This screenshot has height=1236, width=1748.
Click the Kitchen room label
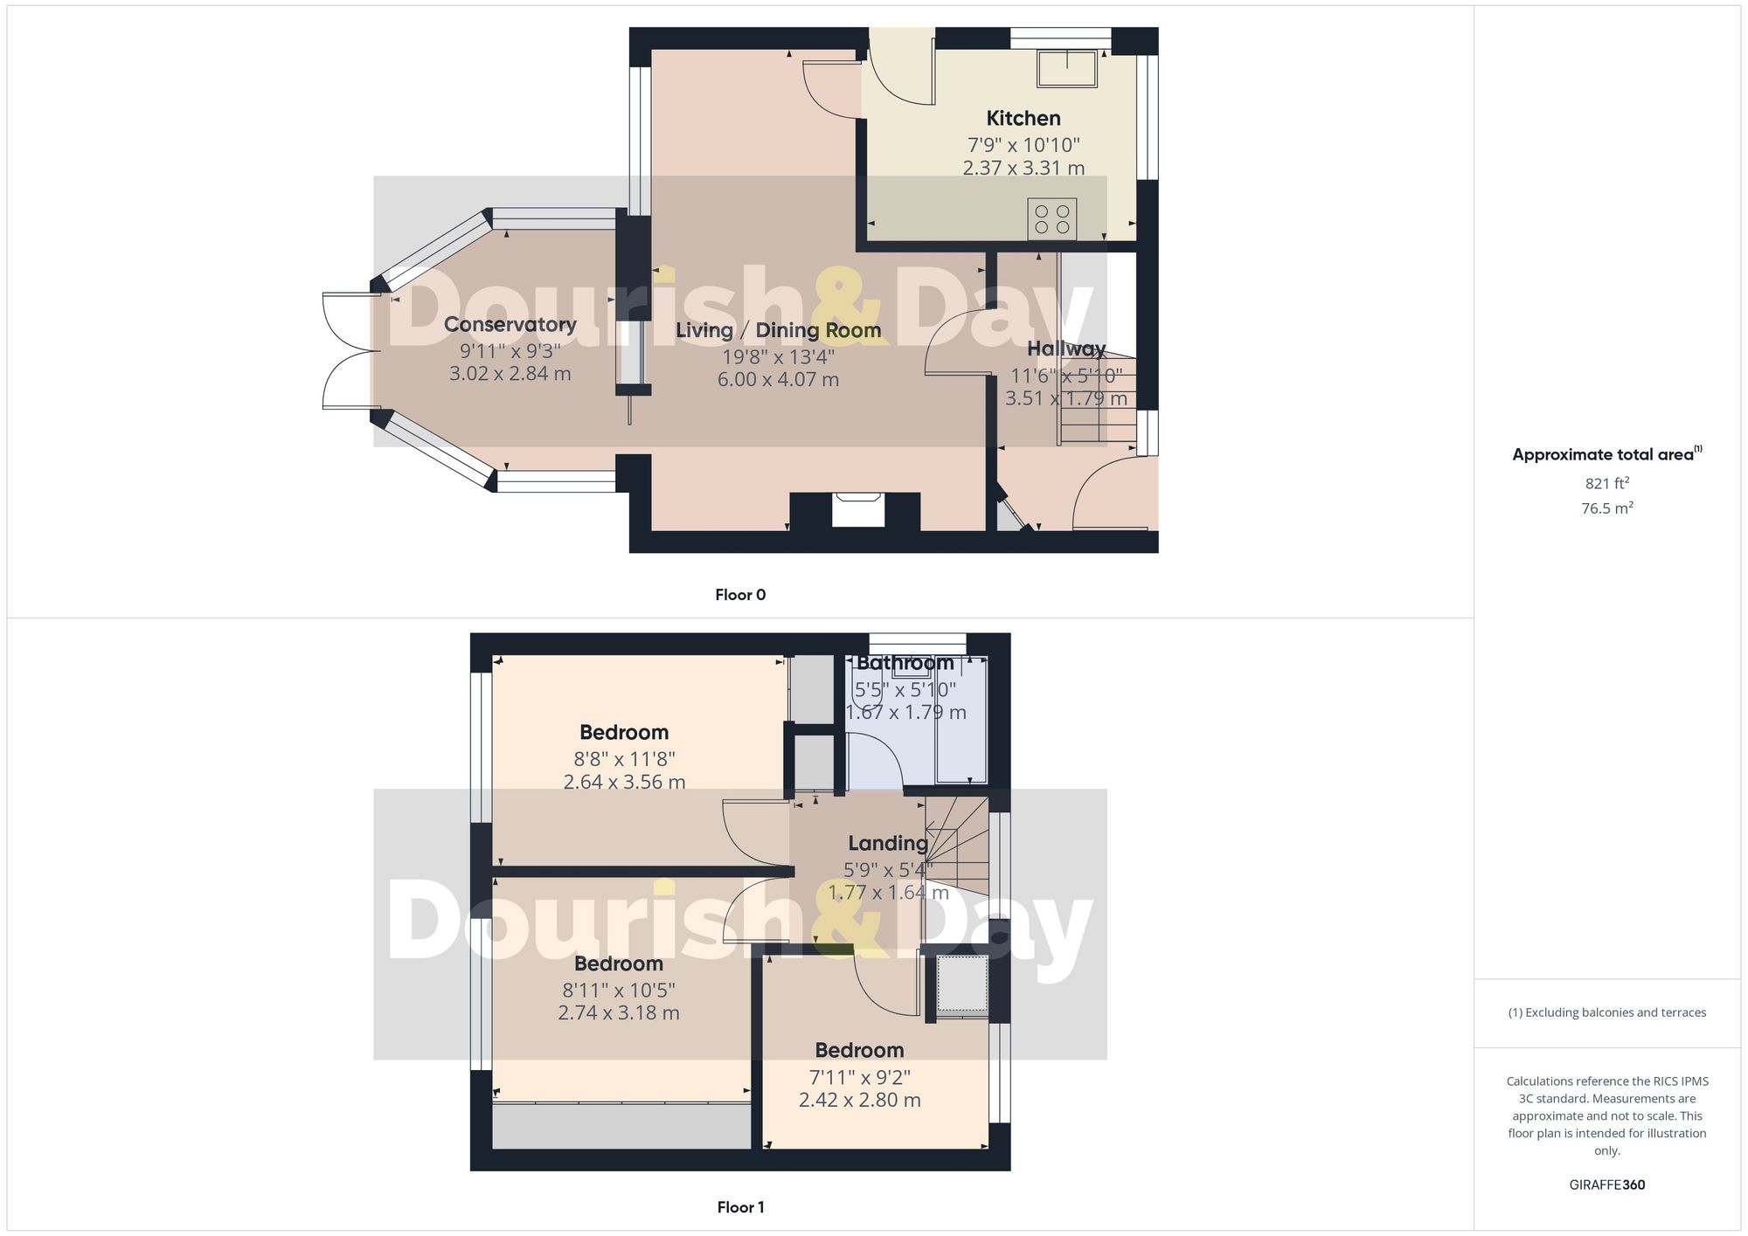tap(1023, 118)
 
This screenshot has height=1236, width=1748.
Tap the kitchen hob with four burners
tap(1051, 218)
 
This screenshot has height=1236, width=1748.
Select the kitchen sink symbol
tap(1066, 68)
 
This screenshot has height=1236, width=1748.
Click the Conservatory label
tap(510, 324)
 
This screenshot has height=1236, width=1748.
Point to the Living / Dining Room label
tap(778, 330)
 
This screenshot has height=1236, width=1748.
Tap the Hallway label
tap(1066, 349)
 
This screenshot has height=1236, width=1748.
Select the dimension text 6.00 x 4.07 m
tap(778, 380)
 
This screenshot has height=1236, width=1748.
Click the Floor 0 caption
tap(740, 595)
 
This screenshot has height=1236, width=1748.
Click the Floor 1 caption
tap(740, 1207)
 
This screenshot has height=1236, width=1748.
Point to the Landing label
tap(888, 843)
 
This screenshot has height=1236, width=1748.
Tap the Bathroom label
tap(905, 663)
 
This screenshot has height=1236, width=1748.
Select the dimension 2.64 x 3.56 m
tap(624, 782)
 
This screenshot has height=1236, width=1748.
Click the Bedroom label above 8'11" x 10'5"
tap(619, 963)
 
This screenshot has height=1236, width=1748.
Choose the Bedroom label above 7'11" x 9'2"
tap(859, 1050)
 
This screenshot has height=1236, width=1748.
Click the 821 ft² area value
tap(1606, 483)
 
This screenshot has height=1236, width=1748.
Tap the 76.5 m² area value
tap(1606, 508)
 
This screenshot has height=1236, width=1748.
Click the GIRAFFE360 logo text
tap(1606, 1184)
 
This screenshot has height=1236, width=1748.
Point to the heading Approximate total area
tap(1603, 454)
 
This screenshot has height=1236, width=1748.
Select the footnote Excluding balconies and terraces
tap(1606, 1012)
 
